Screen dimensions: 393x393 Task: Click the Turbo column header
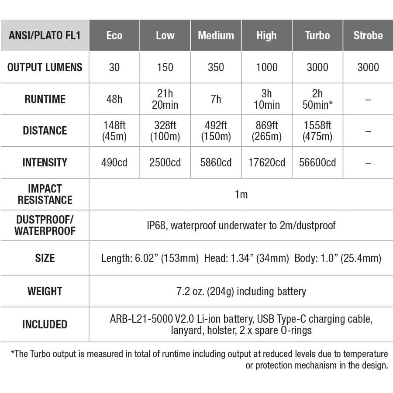[317, 35]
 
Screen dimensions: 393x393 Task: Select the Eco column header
[114, 35]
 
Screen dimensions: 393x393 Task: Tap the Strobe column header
[368, 35]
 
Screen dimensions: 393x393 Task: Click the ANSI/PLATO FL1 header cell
[45, 35]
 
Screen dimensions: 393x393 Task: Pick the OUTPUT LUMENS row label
[45, 67]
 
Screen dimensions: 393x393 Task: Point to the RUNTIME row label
[45, 99]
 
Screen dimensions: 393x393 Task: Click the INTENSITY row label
[45, 162]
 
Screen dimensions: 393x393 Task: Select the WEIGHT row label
[45, 291]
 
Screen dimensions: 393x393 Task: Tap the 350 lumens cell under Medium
[216, 67]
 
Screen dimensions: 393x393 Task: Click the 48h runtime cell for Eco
[114, 99]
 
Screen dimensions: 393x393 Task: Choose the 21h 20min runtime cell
[165, 99]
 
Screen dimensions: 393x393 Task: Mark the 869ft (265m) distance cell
[267, 131]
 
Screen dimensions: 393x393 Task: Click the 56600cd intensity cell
[317, 162]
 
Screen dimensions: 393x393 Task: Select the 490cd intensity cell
[114, 162]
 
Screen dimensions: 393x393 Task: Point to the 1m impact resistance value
[241, 194]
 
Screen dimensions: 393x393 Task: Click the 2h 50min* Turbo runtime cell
[317, 99]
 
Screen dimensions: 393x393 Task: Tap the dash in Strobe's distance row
[368, 131]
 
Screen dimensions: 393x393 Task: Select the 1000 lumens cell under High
[267, 67]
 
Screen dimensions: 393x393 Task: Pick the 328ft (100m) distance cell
[165, 131]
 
